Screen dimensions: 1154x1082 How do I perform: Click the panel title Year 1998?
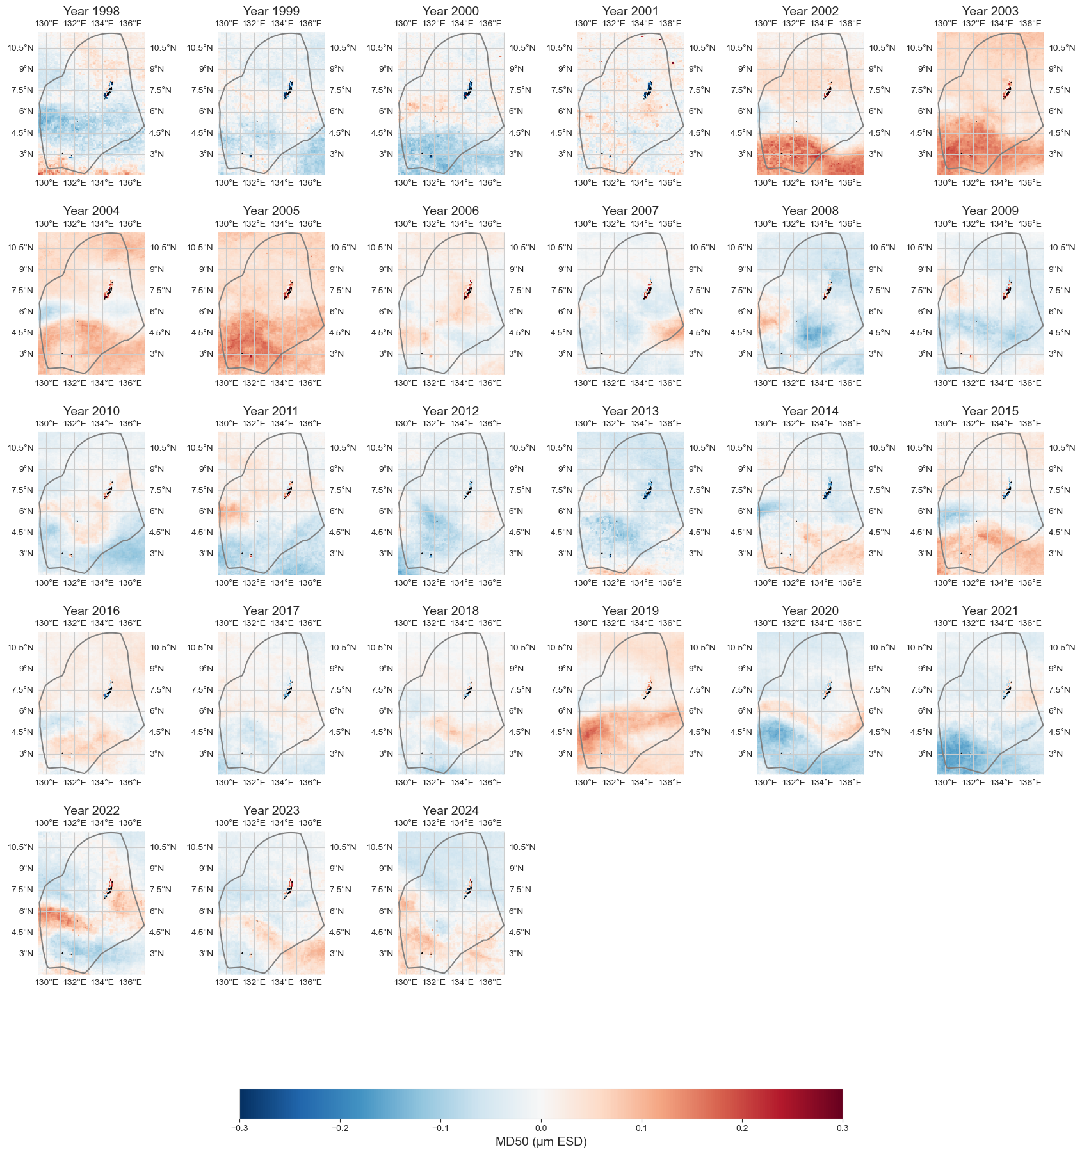click(x=92, y=11)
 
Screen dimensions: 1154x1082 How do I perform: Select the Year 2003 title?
click(x=990, y=11)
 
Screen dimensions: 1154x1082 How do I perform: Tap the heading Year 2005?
click(x=271, y=211)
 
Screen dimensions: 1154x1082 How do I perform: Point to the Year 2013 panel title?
click(x=631, y=411)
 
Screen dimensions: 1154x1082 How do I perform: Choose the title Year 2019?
click(x=631, y=611)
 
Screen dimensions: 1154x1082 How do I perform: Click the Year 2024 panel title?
click(x=451, y=810)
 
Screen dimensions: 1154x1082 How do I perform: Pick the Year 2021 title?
click(x=990, y=611)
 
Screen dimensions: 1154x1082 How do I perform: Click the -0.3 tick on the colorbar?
click(x=239, y=1128)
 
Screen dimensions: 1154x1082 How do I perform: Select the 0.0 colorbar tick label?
click(x=541, y=1128)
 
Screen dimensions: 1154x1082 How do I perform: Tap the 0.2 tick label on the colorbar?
click(x=742, y=1128)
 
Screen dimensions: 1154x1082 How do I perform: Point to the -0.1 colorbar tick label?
click(x=440, y=1128)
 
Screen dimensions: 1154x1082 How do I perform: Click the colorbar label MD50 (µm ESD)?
click(x=541, y=1141)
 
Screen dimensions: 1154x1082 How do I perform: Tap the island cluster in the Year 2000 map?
click(x=469, y=91)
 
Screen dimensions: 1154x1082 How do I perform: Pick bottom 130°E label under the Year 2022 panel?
click(x=47, y=982)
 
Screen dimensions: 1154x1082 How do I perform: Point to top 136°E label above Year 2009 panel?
click(x=1030, y=224)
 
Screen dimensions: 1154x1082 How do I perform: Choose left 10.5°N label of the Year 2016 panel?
click(x=20, y=648)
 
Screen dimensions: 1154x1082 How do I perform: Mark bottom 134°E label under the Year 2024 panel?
click(x=462, y=982)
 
